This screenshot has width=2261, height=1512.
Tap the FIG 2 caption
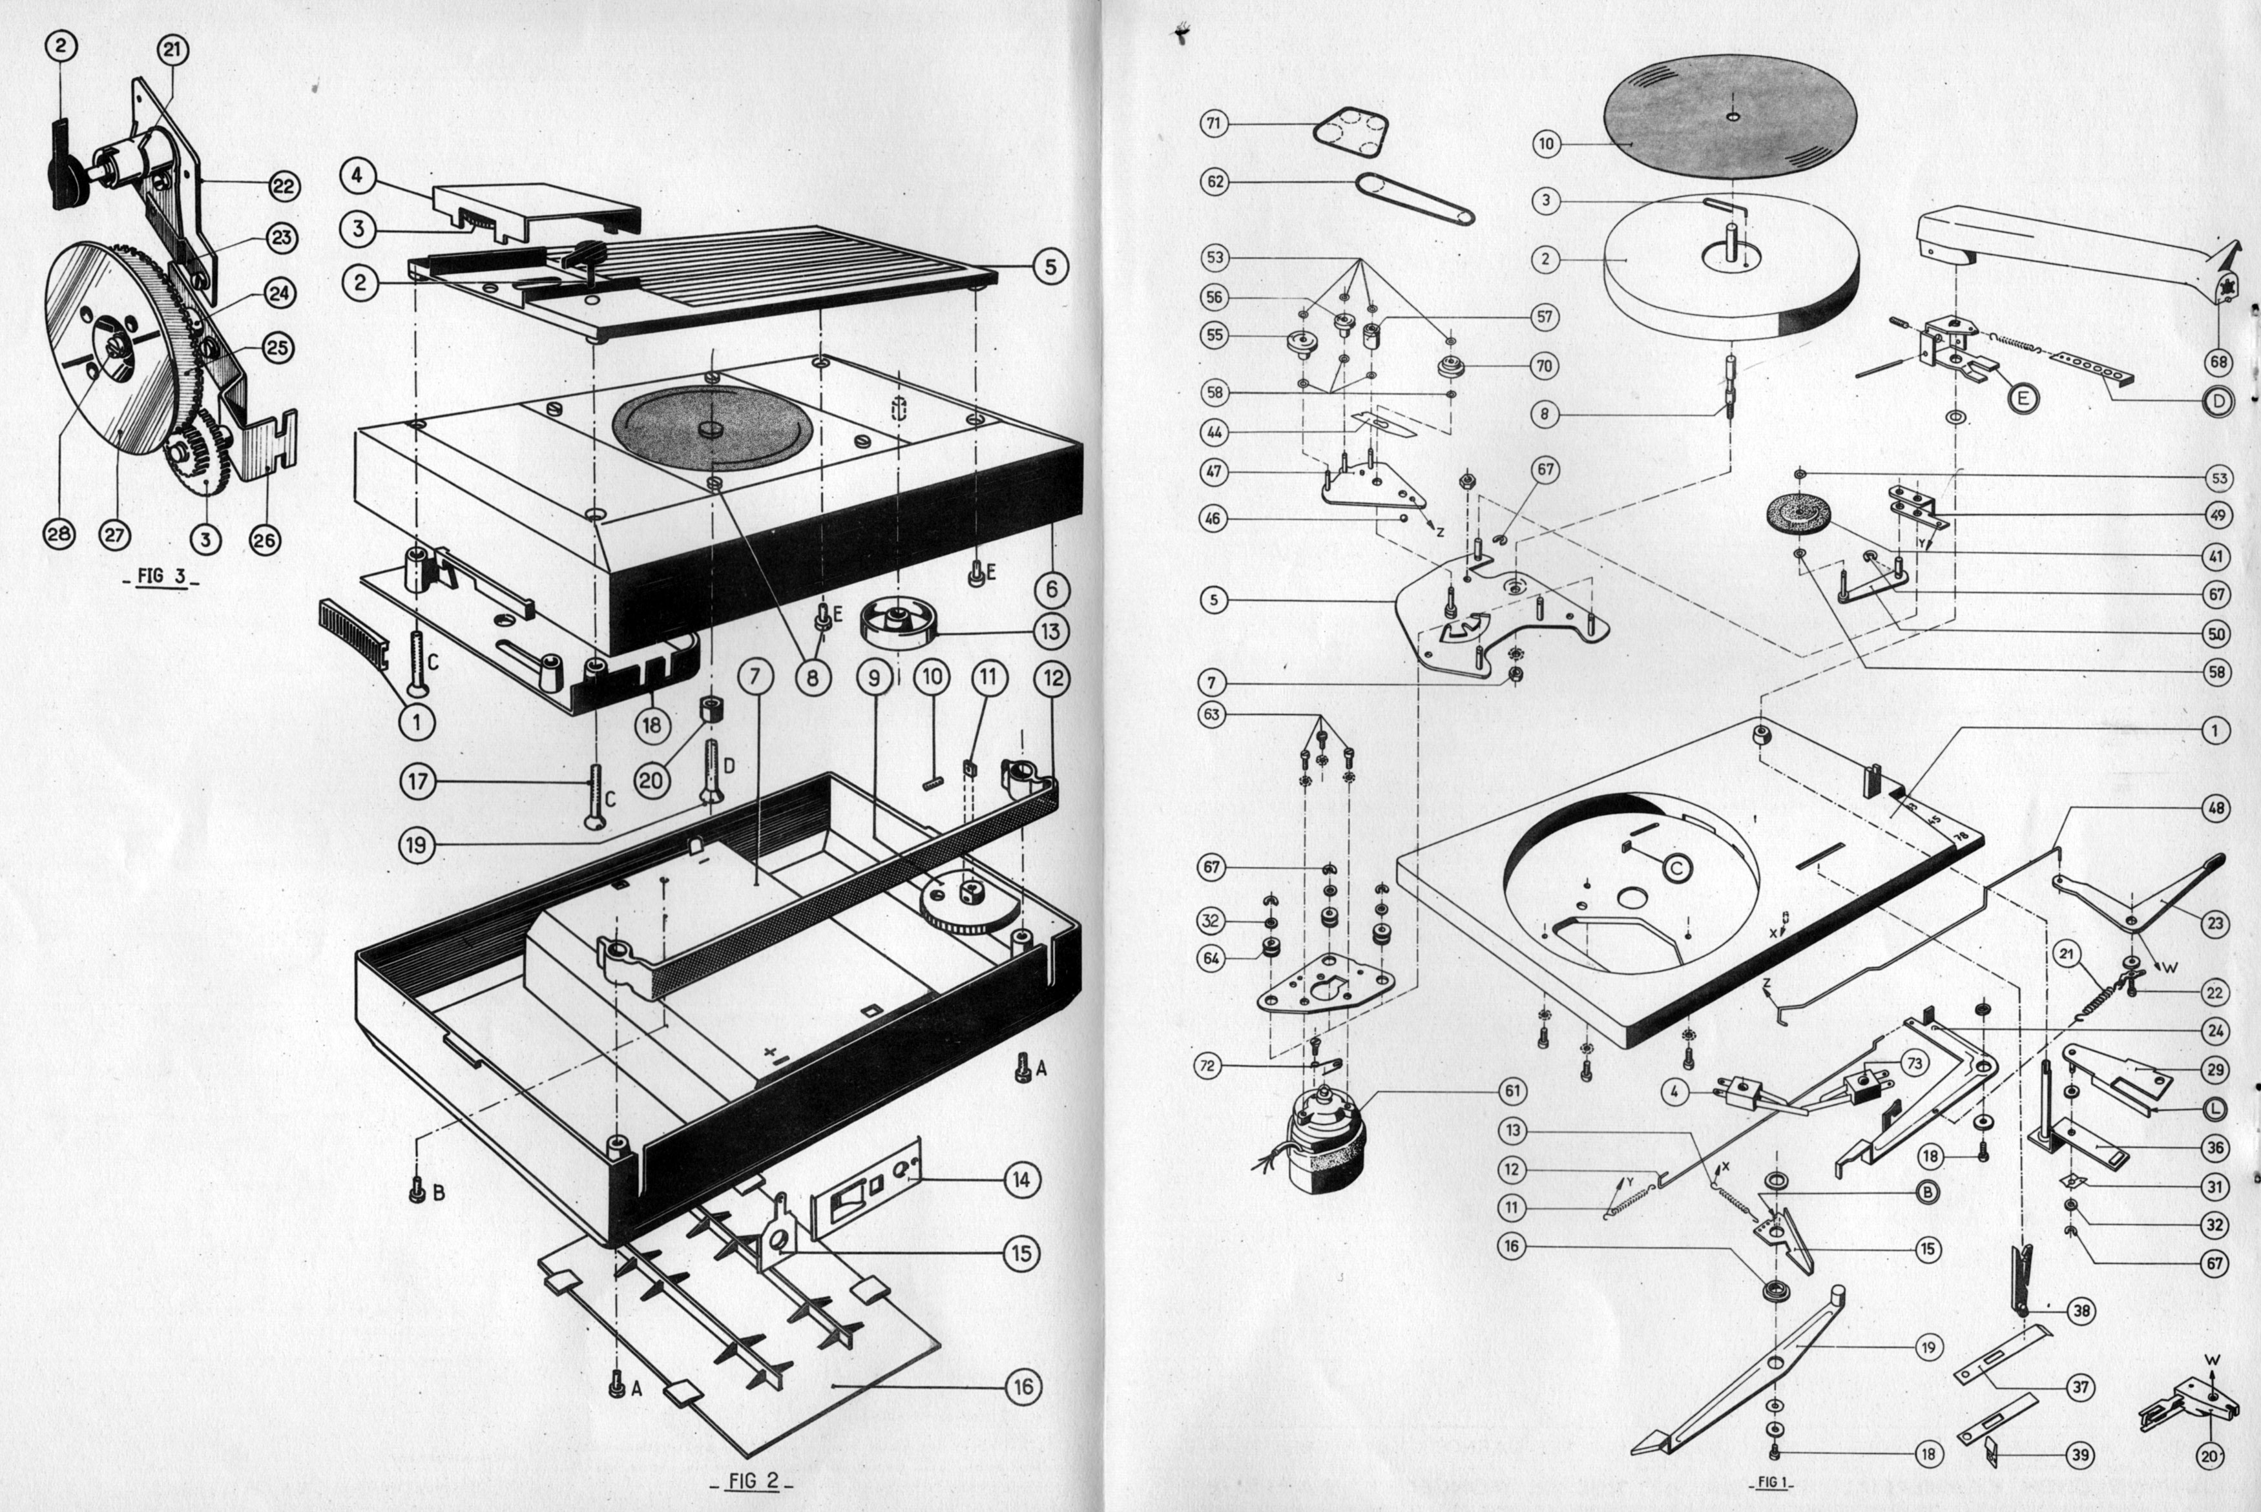click(x=752, y=1480)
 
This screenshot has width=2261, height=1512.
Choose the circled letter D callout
click(x=2218, y=401)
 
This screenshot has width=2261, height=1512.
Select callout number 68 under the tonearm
click(x=2218, y=362)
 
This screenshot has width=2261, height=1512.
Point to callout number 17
click(x=417, y=780)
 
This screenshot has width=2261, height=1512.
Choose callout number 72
click(x=1208, y=1066)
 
